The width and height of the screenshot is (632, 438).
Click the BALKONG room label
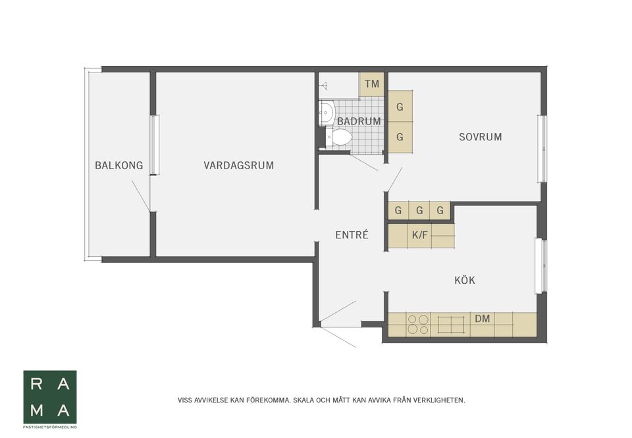click(118, 165)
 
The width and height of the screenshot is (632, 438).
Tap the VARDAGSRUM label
click(238, 165)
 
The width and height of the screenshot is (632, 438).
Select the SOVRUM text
click(480, 137)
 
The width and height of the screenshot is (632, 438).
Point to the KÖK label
click(464, 281)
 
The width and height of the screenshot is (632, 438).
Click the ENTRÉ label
click(352, 235)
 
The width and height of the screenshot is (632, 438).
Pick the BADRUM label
click(359, 121)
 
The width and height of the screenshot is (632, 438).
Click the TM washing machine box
click(372, 84)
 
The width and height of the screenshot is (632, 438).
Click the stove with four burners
click(417, 325)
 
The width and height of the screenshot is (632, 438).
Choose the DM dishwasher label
click(482, 319)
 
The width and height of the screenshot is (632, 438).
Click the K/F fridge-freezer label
click(419, 234)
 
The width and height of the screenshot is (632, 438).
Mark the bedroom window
click(542, 149)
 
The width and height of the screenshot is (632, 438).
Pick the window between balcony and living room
click(154, 145)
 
